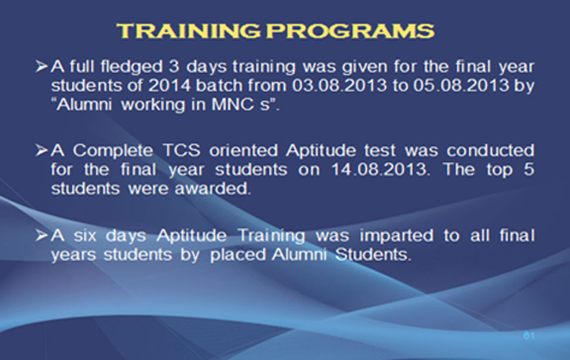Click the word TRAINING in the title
(188, 30)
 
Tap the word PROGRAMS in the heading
(351, 30)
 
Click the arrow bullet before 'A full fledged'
(42, 67)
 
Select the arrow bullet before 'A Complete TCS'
(42, 150)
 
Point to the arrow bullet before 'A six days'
(42, 236)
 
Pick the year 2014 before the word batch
(169, 85)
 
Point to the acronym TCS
(182, 150)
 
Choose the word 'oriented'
(243, 150)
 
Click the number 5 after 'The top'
(529, 170)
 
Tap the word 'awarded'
(213, 188)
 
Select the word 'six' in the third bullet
(85, 236)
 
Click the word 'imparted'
(396, 236)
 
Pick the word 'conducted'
(490, 150)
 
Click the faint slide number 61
(529, 336)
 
